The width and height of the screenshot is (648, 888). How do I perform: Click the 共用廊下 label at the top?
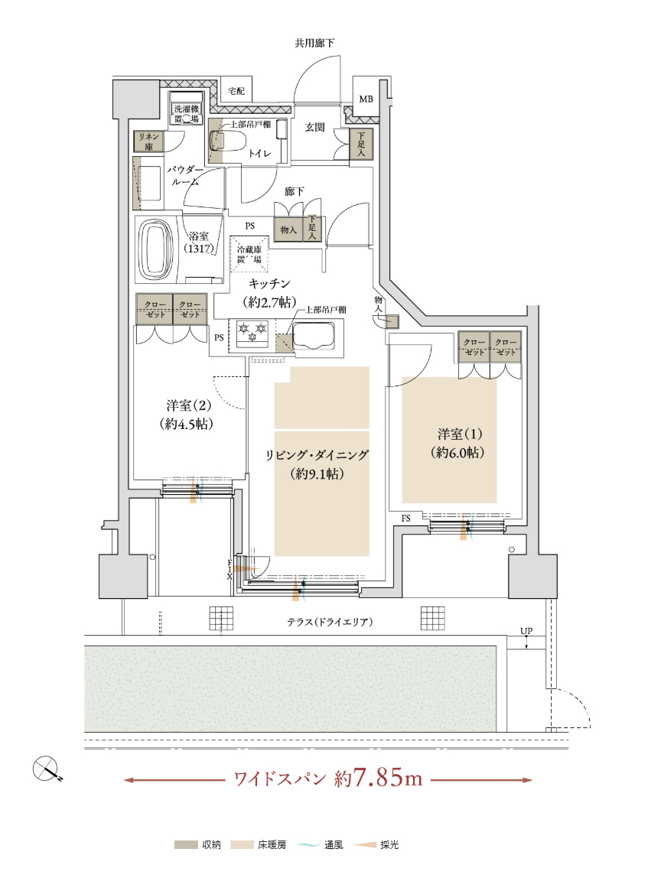(314, 43)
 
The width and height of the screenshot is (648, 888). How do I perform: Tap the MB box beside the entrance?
(366, 99)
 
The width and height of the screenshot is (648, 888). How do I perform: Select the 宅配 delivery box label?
(236, 91)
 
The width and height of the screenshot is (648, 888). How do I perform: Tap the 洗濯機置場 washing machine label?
(187, 114)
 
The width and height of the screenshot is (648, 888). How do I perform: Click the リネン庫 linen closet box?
(148, 141)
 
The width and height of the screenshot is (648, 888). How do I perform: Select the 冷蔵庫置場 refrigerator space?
(249, 254)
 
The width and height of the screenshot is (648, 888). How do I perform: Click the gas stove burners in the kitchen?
(252, 332)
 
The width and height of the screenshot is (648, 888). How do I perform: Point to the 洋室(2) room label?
(189, 415)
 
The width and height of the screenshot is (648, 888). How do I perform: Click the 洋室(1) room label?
(459, 443)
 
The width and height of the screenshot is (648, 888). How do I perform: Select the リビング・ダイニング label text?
(317, 455)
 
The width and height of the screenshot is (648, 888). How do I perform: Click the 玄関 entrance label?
(315, 128)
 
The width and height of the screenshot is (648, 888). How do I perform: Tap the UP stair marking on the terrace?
(526, 631)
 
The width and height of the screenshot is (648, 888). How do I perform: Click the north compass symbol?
(46, 769)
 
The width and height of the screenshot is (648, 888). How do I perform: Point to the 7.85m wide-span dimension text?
(388, 778)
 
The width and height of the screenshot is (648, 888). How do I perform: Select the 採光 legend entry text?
(389, 845)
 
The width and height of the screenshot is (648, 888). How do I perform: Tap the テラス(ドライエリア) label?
(331, 622)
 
